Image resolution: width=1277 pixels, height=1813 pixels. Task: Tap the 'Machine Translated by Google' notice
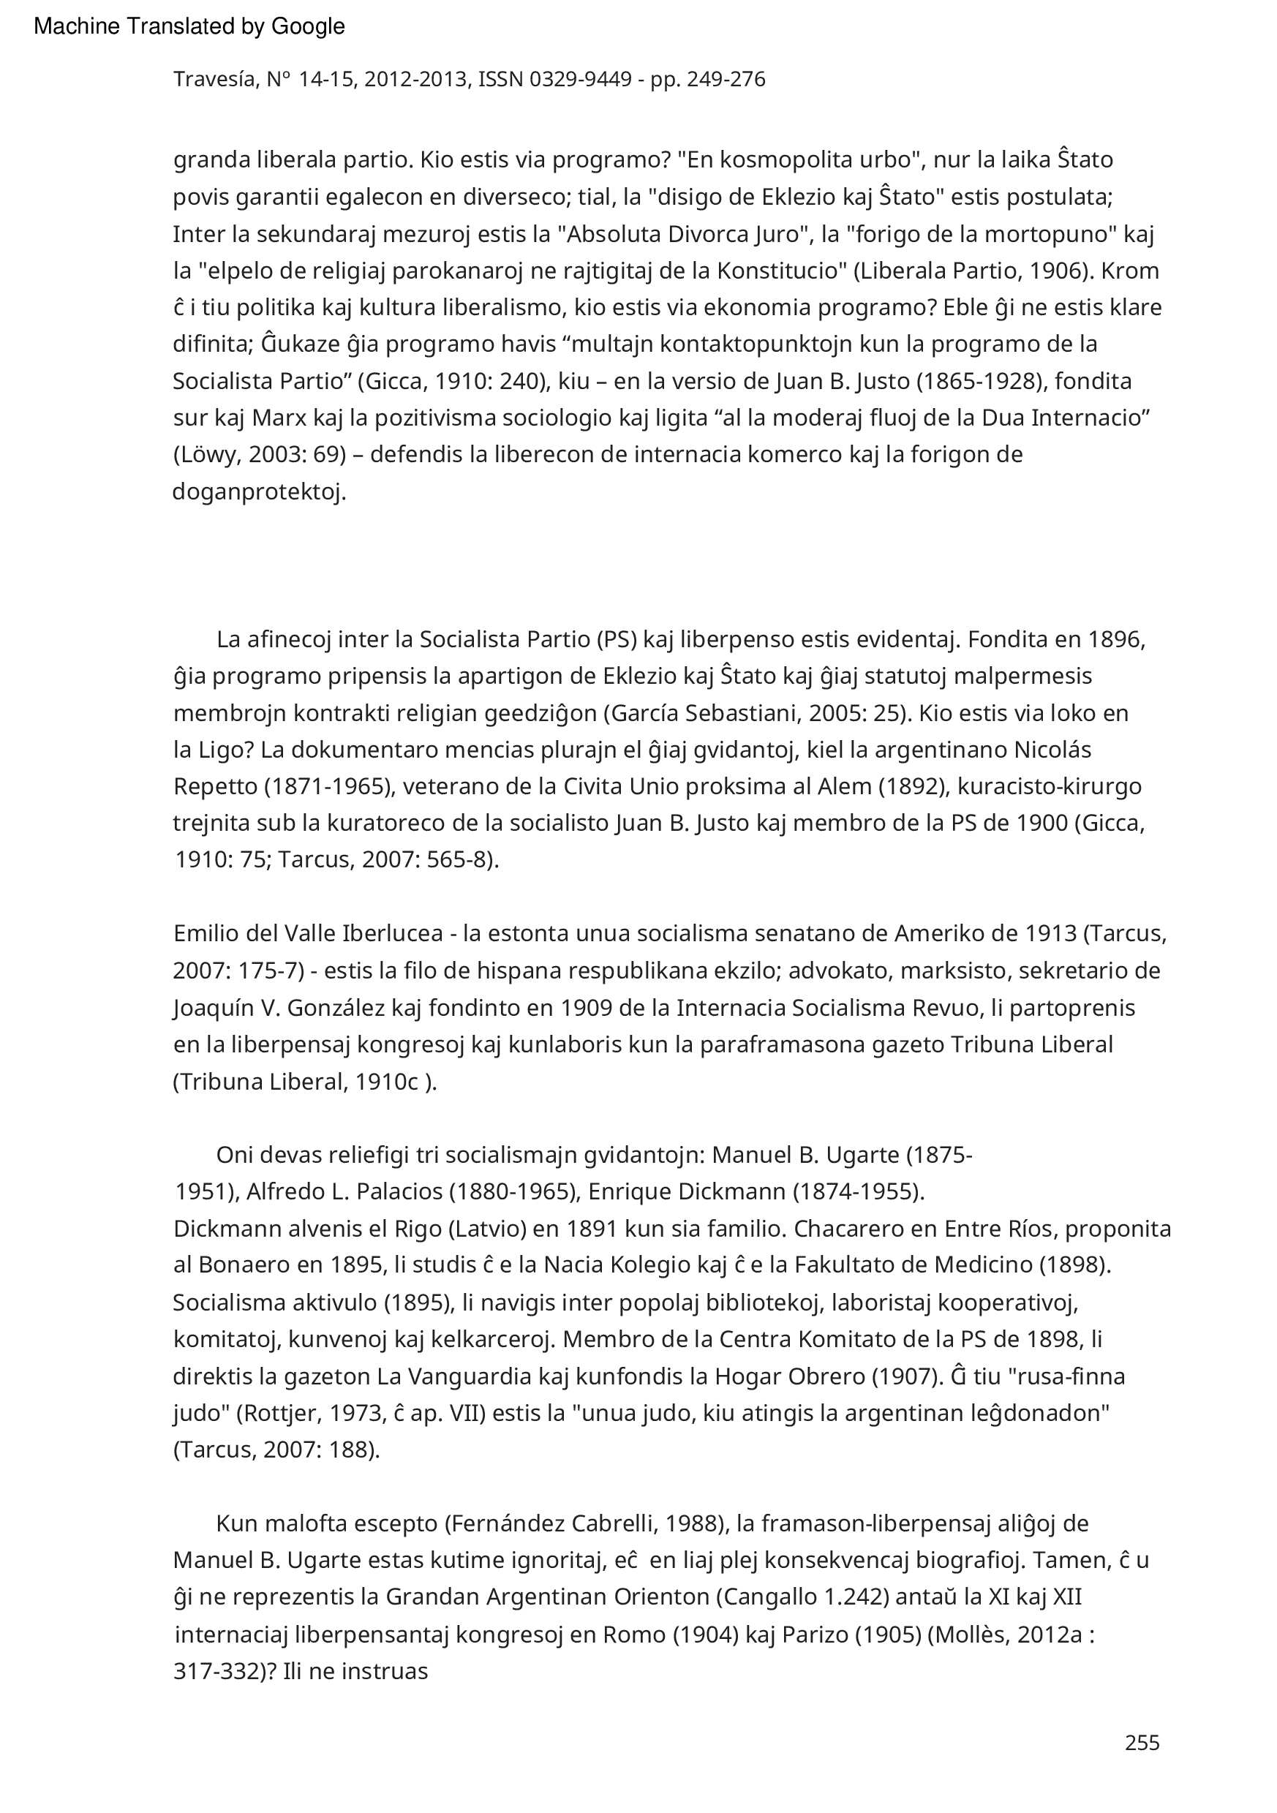click(x=189, y=27)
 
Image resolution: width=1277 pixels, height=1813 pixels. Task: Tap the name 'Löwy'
click(x=208, y=455)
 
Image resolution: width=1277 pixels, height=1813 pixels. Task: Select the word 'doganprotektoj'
click(x=257, y=493)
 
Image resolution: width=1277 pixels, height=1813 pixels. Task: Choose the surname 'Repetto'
click(x=215, y=786)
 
